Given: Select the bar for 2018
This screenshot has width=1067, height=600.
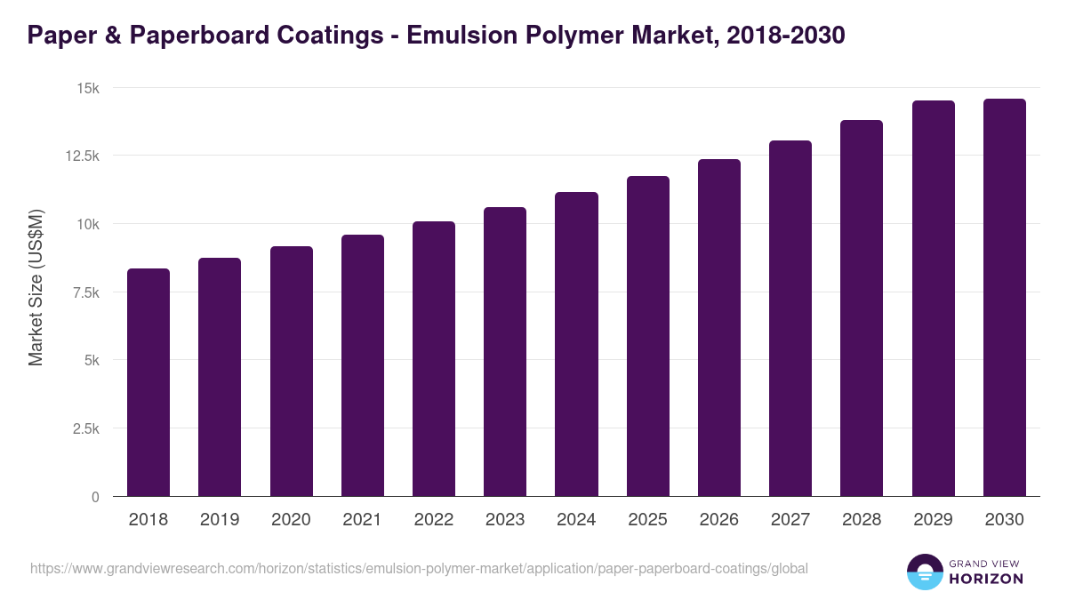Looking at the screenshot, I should click(x=148, y=382).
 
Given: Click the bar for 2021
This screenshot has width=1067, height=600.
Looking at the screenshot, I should click(x=363, y=365).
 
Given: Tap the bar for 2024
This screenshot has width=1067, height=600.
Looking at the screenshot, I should click(x=576, y=344).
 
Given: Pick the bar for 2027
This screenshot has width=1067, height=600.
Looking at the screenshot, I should click(x=790, y=318).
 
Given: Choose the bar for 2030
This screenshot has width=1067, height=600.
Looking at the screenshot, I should click(x=1004, y=298).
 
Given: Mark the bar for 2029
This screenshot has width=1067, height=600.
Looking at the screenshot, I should click(x=933, y=299).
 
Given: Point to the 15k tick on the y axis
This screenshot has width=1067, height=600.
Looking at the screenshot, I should click(x=86, y=88).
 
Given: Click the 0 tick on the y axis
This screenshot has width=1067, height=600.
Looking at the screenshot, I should click(x=95, y=497).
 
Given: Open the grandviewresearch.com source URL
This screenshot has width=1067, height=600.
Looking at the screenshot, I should click(x=419, y=568).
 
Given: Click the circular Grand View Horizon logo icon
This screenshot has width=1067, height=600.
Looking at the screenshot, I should click(x=925, y=572).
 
